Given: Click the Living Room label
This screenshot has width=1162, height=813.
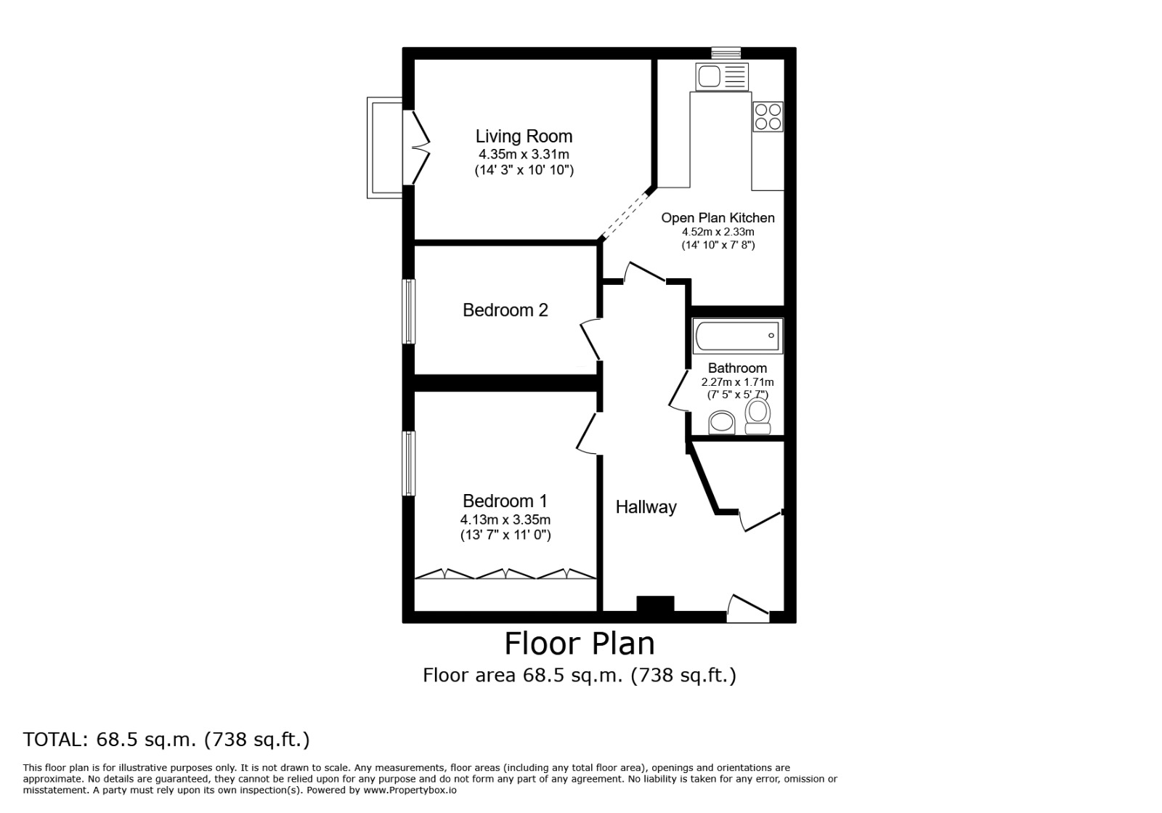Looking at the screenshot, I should (x=524, y=136).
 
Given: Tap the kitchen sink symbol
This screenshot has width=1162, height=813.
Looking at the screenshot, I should (x=720, y=76).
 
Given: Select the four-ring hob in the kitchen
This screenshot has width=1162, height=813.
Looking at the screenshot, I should (x=768, y=116).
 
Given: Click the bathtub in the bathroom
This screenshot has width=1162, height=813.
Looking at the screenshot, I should (x=737, y=336).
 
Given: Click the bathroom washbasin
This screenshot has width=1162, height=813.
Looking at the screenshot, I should (x=722, y=421).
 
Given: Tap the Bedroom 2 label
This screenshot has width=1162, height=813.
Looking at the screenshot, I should (x=505, y=310).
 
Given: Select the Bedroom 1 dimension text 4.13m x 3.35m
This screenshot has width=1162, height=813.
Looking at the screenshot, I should (x=505, y=519).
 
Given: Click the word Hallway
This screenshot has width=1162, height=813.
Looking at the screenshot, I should (x=646, y=507).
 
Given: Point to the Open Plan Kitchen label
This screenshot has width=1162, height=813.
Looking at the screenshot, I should (x=718, y=217).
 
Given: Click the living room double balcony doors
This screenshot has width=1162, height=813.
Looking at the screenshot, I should (x=420, y=147).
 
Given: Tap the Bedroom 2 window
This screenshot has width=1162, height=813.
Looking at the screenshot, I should (x=410, y=312).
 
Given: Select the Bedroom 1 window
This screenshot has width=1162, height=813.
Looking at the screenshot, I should (x=410, y=464).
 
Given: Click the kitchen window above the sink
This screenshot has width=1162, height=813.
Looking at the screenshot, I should (x=726, y=52).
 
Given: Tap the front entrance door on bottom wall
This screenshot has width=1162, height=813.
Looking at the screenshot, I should (x=748, y=609).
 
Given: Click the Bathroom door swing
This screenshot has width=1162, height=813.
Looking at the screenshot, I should (x=678, y=392).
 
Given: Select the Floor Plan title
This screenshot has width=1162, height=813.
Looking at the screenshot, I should (x=580, y=643).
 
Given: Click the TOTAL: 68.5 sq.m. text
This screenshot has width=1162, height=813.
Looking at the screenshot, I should (x=166, y=740).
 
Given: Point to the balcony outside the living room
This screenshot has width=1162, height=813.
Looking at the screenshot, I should (x=384, y=147).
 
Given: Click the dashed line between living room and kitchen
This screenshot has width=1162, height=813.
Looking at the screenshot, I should (x=624, y=215).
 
